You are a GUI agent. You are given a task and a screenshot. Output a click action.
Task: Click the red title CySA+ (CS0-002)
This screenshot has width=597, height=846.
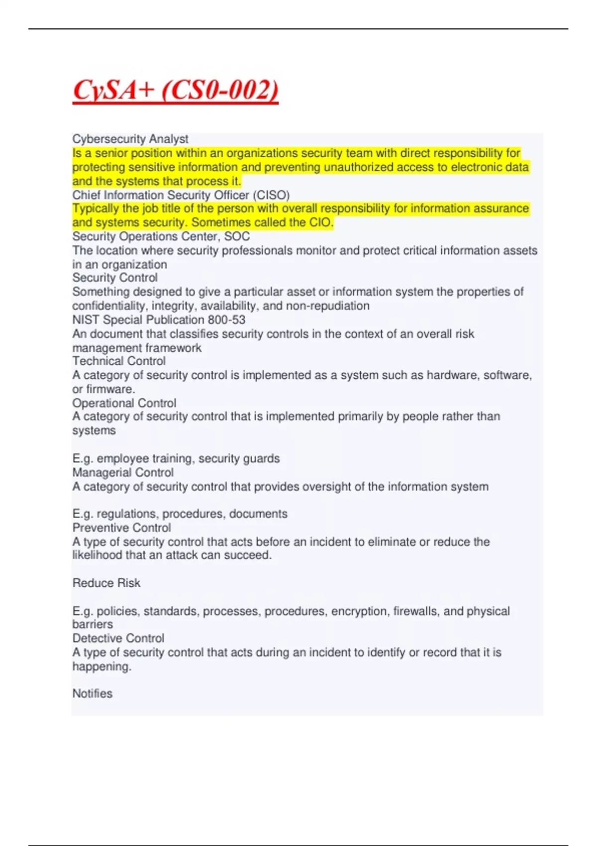coord(175,91)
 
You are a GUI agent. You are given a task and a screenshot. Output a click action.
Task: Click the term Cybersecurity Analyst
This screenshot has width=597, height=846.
coord(130,139)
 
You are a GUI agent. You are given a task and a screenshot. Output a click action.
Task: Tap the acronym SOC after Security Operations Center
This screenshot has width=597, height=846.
coord(237,236)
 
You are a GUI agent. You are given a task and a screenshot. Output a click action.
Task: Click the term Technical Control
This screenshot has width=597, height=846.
coord(119,361)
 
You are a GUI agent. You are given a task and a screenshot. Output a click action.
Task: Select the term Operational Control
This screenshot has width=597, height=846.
coord(124,403)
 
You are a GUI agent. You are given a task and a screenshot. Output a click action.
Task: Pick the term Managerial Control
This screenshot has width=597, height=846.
coord(123,472)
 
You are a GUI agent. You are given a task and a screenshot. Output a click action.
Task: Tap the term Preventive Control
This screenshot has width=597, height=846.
coord(121,528)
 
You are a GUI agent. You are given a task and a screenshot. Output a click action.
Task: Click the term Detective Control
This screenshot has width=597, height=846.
coord(118,638)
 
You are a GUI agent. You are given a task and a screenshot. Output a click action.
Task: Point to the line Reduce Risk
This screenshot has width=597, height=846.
coord(106,583)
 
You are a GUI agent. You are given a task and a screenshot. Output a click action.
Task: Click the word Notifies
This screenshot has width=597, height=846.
coord(93,693)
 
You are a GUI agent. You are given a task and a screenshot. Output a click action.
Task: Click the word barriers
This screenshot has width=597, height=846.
coord(93,624)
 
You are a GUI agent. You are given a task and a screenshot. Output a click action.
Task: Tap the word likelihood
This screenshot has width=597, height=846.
coord(97,555)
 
